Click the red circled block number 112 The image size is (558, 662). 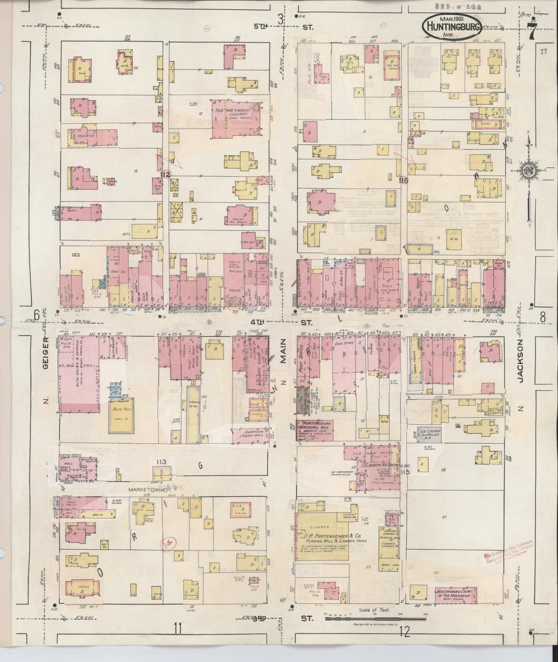click(x=166, y=175)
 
